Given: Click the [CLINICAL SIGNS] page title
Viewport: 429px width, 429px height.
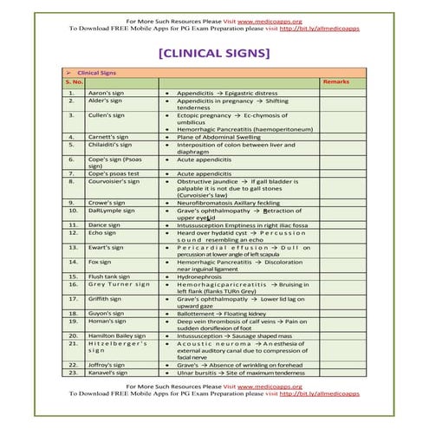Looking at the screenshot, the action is pos(214,54).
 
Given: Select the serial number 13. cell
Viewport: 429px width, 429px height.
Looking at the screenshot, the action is pos(73,247).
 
